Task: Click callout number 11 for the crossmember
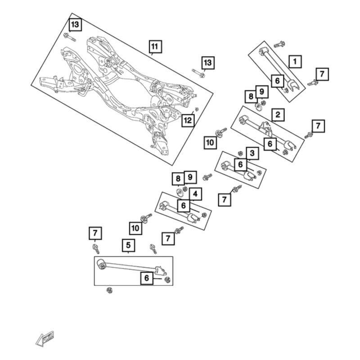[x=155, y=47]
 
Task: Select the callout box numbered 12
[x=188, y=120]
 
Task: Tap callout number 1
[x=295, y=62]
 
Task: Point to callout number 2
[x=278, y=115]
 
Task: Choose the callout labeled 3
[x=252, y=153]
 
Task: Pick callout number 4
[x=195, y=194]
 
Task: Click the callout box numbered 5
[x=128, y=245]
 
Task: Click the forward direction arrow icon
[x=45, y=339]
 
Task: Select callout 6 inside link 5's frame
[x=147, y=278]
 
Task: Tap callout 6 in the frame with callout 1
[x=278, y=81]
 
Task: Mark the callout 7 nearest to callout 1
[x=322, y=74]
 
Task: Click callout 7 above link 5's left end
[x=95, y=233]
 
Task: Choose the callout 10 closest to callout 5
[x=135, y=228]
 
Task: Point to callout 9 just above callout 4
[x=190, y=177]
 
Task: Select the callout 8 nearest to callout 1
[x=251, y=96]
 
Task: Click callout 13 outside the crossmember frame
[x=208, y=63]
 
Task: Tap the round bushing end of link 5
[x=101, y=264]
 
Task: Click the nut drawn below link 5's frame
[x=109, y=290]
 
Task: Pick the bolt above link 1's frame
[x=279, y=44]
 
